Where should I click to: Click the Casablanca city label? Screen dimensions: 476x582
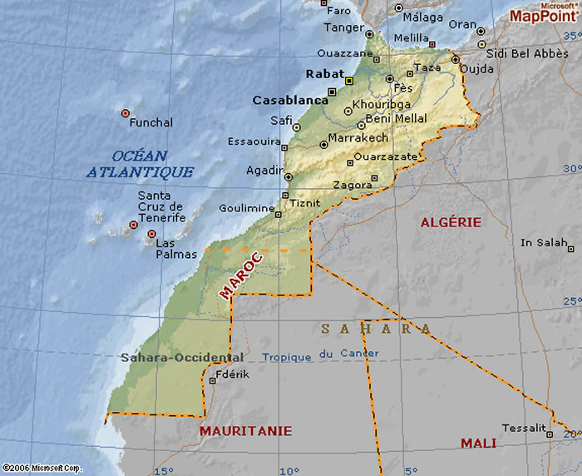click(x=290, y=100)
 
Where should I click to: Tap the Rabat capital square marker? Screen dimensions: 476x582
click(x=349, y=81)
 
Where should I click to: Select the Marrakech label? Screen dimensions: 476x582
click(x=358, y=137)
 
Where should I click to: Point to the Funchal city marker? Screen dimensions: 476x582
click(x=126, y=112)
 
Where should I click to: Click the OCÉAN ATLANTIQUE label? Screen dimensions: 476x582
click(x=140, y=164)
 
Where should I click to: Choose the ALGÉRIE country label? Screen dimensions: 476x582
click(x=451, y=222)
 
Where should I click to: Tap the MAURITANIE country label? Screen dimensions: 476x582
click(x=245, y=431)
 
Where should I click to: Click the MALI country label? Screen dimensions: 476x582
click(x=478, y=444)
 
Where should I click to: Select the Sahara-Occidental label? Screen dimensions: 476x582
click(x=182, y=358)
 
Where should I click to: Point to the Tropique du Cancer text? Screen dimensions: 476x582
click(x=320, y=355)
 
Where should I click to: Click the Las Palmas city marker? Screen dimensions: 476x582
click(x=151, y=234)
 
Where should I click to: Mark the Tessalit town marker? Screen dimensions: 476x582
click(x=549, y=434)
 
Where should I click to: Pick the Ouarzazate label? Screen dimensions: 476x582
click(x=385, y=156)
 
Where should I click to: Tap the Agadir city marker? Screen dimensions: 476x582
click(x=289, y=176)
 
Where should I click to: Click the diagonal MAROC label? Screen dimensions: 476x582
click(x=241, y=275)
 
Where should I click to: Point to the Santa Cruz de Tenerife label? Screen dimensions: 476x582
click(x=160, y=206)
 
